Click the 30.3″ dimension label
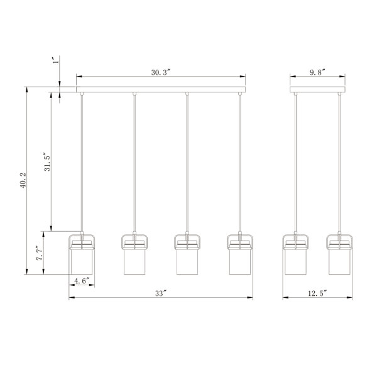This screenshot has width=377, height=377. click(x=161, y=72)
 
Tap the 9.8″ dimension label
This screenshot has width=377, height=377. click(x=317, y=72)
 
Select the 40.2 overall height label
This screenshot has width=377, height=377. click(x=23, y=180)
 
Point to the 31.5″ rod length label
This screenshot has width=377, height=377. click(x=47, y=161)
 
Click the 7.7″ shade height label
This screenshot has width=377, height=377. click(x=40, y=253)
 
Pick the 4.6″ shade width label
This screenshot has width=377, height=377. click(x=82, y=281)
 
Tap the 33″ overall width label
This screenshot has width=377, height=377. click(x=161, y=293)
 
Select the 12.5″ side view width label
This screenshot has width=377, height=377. click(x=317, y=293)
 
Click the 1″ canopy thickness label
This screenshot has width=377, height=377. click(x=55, y=60)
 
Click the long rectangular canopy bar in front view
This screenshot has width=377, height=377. click(x=161, y=89)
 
